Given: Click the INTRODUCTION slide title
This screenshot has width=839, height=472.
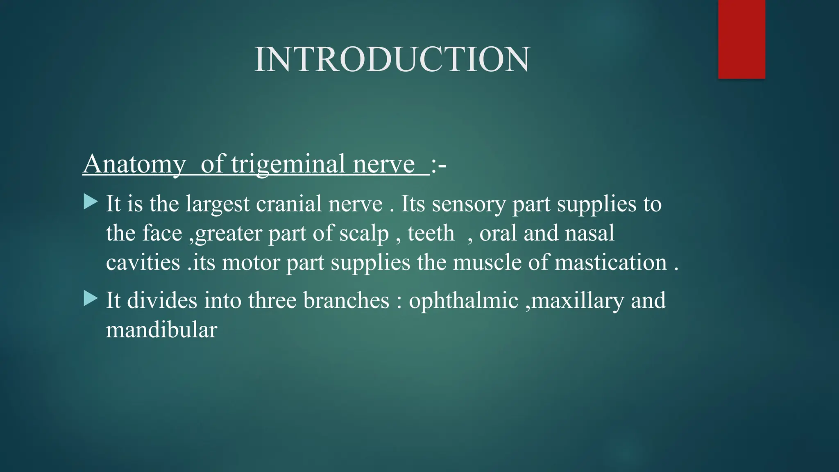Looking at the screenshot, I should [x=392, y=60].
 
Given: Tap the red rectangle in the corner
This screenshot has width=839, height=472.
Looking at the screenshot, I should [x=741, y=39].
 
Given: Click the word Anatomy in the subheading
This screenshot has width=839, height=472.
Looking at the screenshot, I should [x=134, y=164].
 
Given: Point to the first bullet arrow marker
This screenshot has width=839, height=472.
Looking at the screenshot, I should [x=91, y=202].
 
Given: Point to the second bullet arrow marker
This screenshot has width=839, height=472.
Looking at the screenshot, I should [x=91, y=299].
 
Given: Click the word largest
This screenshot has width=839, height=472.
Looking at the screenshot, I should [x=218, y=204].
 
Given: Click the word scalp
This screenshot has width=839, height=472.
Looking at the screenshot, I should [x=364, y=234].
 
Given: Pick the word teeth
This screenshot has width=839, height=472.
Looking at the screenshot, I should [x=431, y=233].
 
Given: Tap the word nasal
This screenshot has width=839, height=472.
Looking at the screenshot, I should [x=590, y=233].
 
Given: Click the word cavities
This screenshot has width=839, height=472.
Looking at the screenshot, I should [x=143, y=262].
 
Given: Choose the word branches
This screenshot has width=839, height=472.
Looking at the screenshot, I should [x=346, y=300].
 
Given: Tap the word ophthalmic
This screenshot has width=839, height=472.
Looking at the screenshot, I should [x=464, y=301].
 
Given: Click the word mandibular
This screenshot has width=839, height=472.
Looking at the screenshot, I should [x=161, y=330].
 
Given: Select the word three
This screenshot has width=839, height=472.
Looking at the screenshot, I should [x=272, y=300].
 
